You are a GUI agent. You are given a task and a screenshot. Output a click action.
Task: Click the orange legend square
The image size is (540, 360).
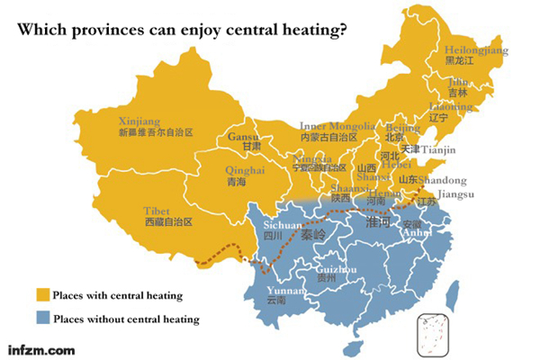[41, 295]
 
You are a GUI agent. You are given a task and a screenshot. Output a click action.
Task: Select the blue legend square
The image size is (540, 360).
[41, 318]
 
